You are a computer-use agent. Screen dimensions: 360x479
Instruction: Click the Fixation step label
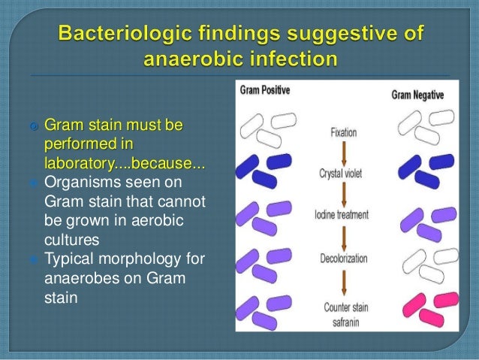(343, 133)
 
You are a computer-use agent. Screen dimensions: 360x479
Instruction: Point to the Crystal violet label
(342, 174)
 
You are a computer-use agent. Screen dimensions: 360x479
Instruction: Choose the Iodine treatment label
(342, 215)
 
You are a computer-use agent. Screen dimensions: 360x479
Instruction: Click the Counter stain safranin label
(342, 312)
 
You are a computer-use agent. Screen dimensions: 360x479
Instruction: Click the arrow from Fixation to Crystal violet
(342, 153)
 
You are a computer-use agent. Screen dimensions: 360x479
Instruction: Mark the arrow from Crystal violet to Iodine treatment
(342, 195)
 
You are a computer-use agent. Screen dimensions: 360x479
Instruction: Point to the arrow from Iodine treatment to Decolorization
(342, 236)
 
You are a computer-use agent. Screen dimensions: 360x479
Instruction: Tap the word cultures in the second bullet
(70, 241)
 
